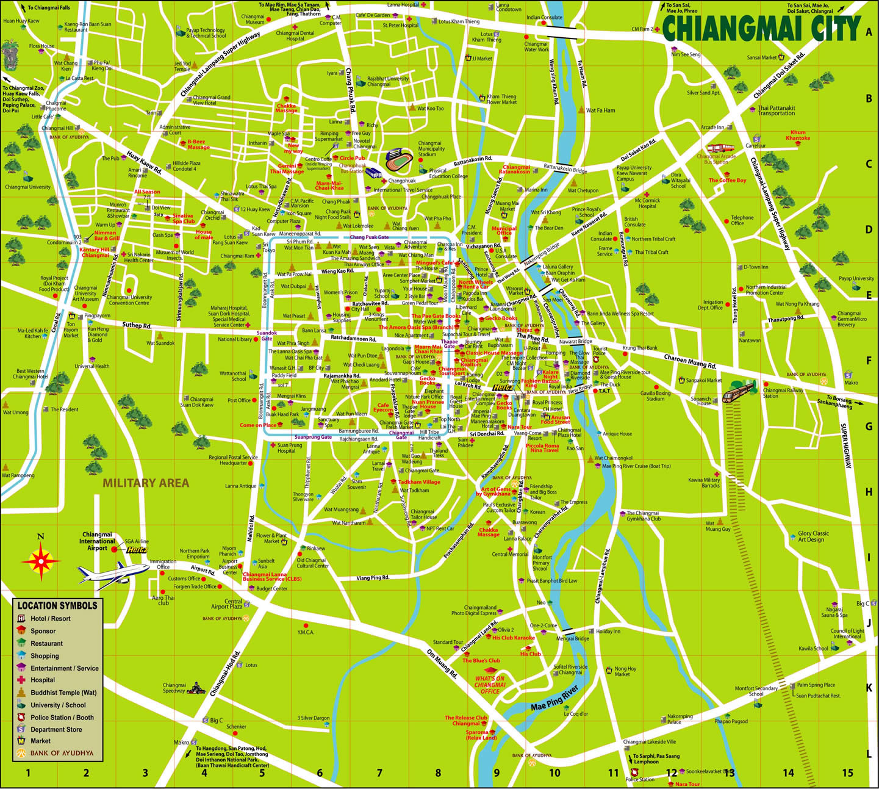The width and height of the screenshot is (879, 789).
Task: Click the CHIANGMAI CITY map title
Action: click(761, 28)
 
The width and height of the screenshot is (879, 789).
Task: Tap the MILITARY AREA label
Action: click(146, 483)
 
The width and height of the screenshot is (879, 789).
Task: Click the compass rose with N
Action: click(41, 560)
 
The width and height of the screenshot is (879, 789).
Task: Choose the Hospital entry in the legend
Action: click(43, 680)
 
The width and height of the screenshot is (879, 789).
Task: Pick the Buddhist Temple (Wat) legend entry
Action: click(63, 693)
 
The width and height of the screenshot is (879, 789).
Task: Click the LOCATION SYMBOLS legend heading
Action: click(57, 605)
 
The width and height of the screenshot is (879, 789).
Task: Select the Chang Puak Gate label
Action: click(369, 237)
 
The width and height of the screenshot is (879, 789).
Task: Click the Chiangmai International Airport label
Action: click(97, 541)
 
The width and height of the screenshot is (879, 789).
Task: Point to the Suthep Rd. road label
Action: click(137, 325)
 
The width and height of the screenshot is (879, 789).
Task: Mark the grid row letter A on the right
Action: click(869, 32)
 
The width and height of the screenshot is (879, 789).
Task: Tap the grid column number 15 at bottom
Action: click(847, 773)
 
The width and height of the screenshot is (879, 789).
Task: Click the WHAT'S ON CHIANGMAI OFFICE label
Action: click(490, 685)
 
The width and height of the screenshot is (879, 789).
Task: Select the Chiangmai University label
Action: click(27, 187)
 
